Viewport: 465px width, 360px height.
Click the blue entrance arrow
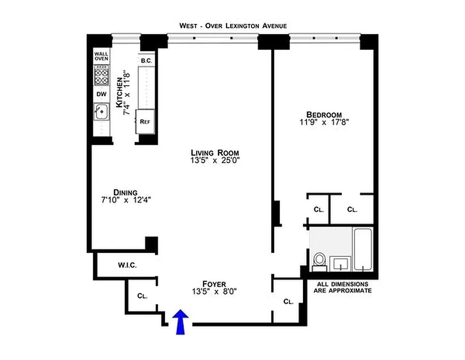click(181, 322)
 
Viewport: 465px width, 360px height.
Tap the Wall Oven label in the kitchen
click(101, 56)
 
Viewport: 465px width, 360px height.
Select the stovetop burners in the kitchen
click(101, 75)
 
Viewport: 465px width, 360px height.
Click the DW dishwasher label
click(101, 94)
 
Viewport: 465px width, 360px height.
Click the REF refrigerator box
click(145, 121)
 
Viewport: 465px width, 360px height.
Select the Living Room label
click(215, 152)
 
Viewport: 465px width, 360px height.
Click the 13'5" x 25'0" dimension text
click(215, 161)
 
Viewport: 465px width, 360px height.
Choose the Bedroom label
click(324, 114)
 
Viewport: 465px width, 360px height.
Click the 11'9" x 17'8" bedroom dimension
click(324, 122)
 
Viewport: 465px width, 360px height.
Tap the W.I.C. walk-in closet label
click(127, 265)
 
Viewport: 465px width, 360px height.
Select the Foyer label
click(214, 283)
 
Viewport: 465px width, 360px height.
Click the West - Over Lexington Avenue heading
click(233, 26)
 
